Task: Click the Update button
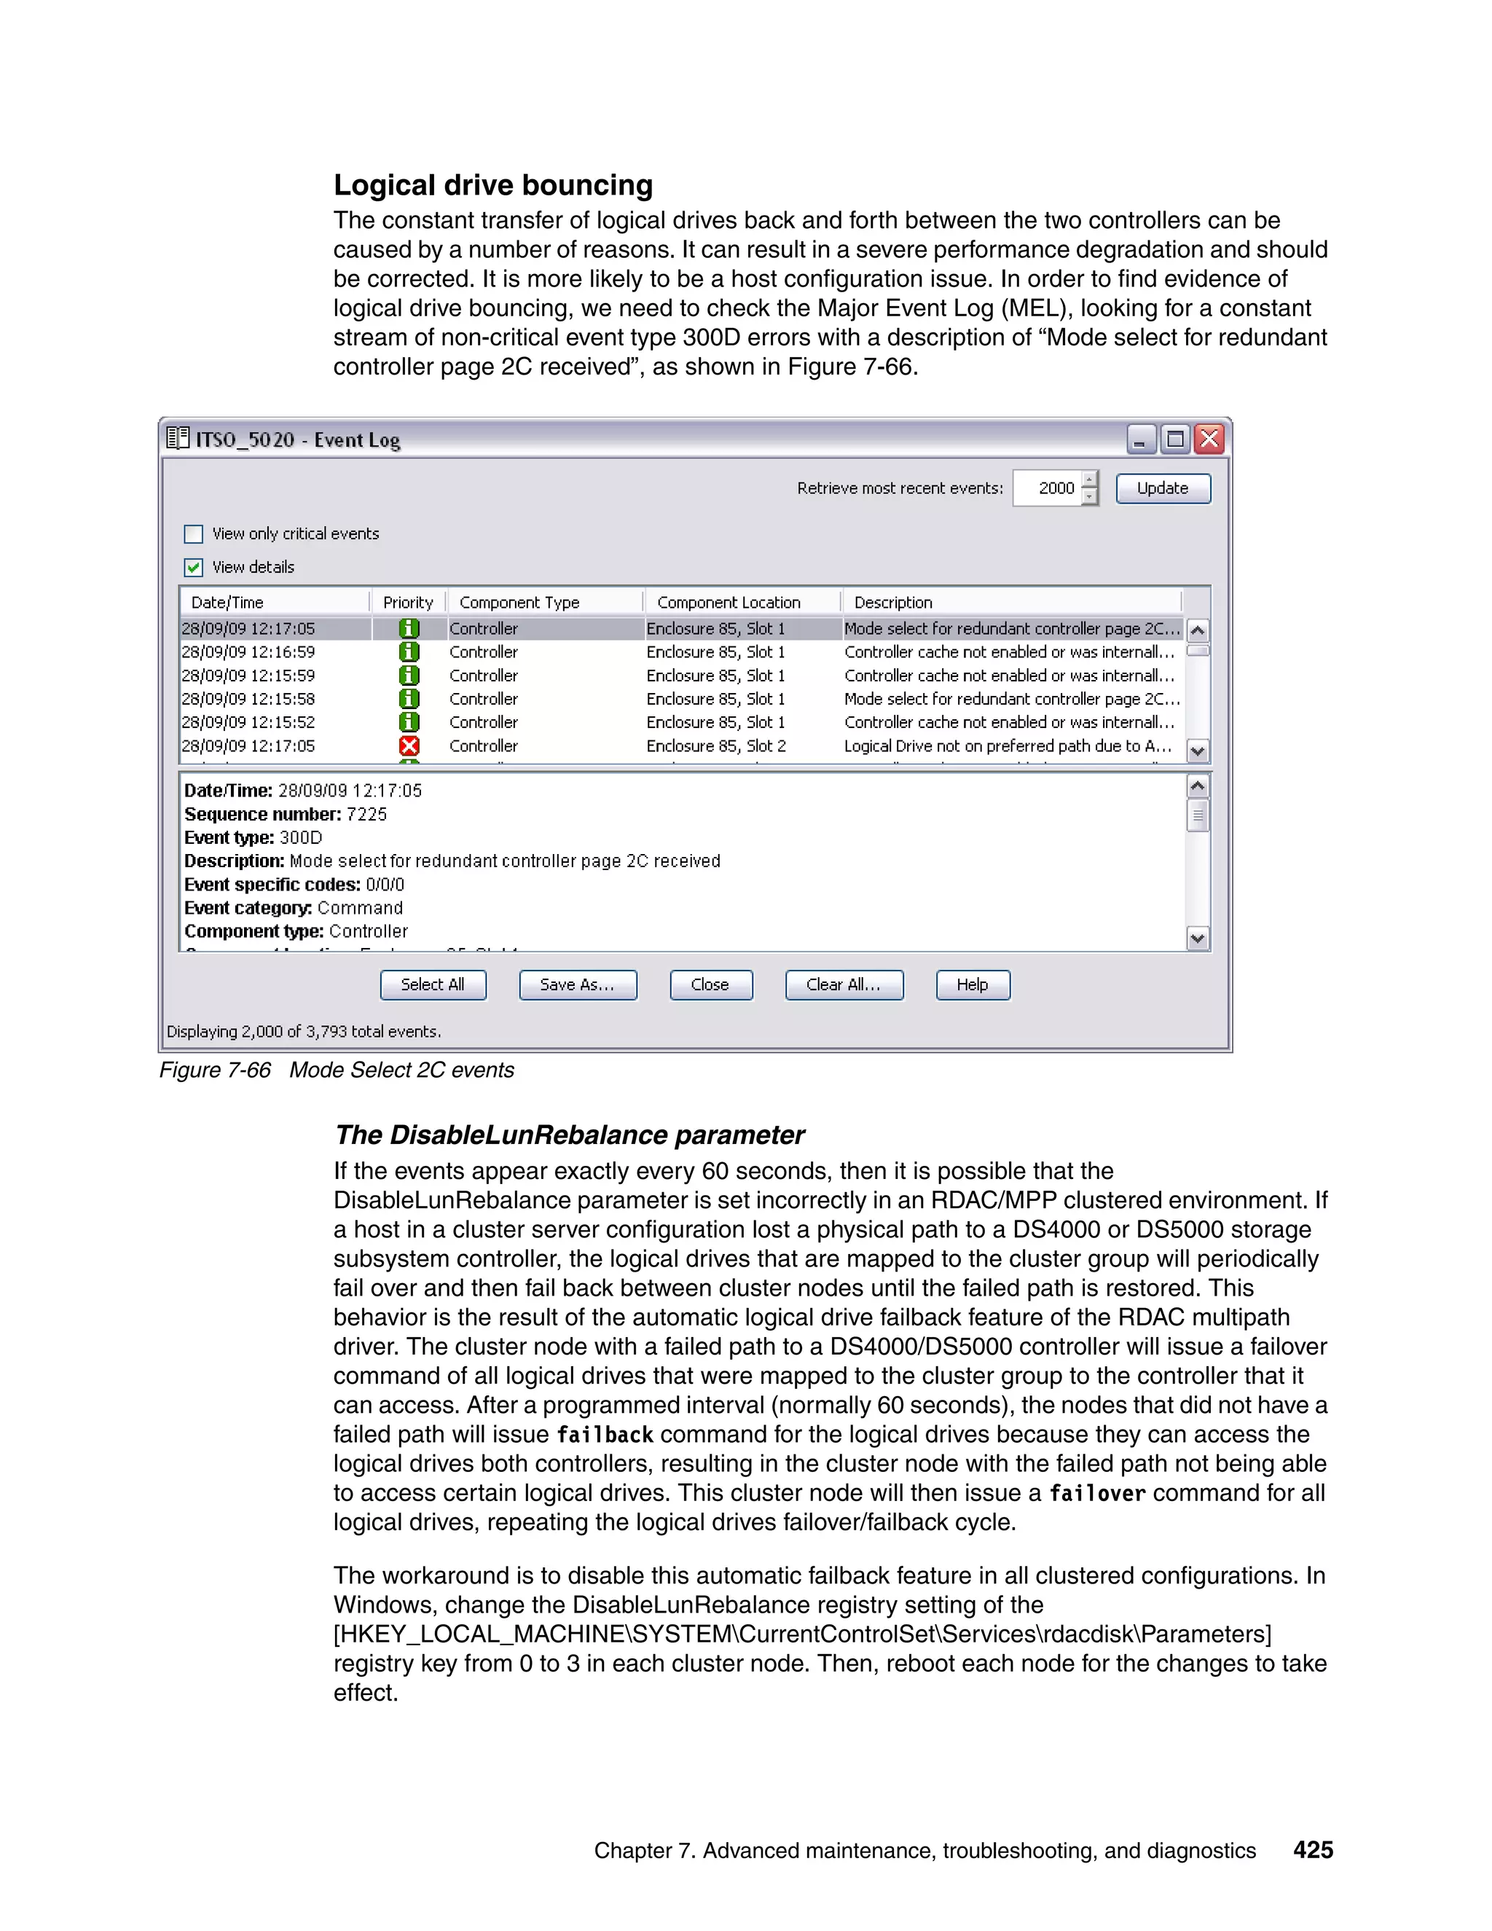1162,488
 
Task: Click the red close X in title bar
1209,439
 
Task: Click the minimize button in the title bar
1141,439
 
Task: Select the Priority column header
407,602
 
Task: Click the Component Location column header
729,602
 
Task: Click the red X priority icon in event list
409,746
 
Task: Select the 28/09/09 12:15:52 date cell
248,722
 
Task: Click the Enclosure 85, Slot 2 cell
716,746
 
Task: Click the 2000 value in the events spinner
1056,488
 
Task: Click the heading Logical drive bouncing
493,185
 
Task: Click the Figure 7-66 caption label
215,1070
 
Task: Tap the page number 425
1313,1849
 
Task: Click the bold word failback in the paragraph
605,1434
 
